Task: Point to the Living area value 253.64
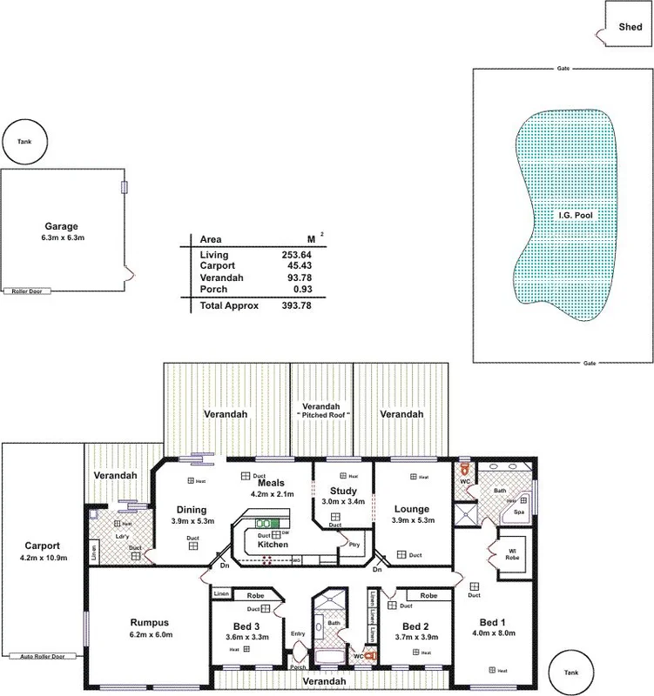point(295,254)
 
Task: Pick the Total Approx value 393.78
point(295,306)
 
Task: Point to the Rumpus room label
point(148,622)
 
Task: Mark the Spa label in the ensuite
point(520,513)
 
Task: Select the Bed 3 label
point(247,626)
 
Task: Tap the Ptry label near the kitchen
point(354,545)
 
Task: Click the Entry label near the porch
point(299,632)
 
